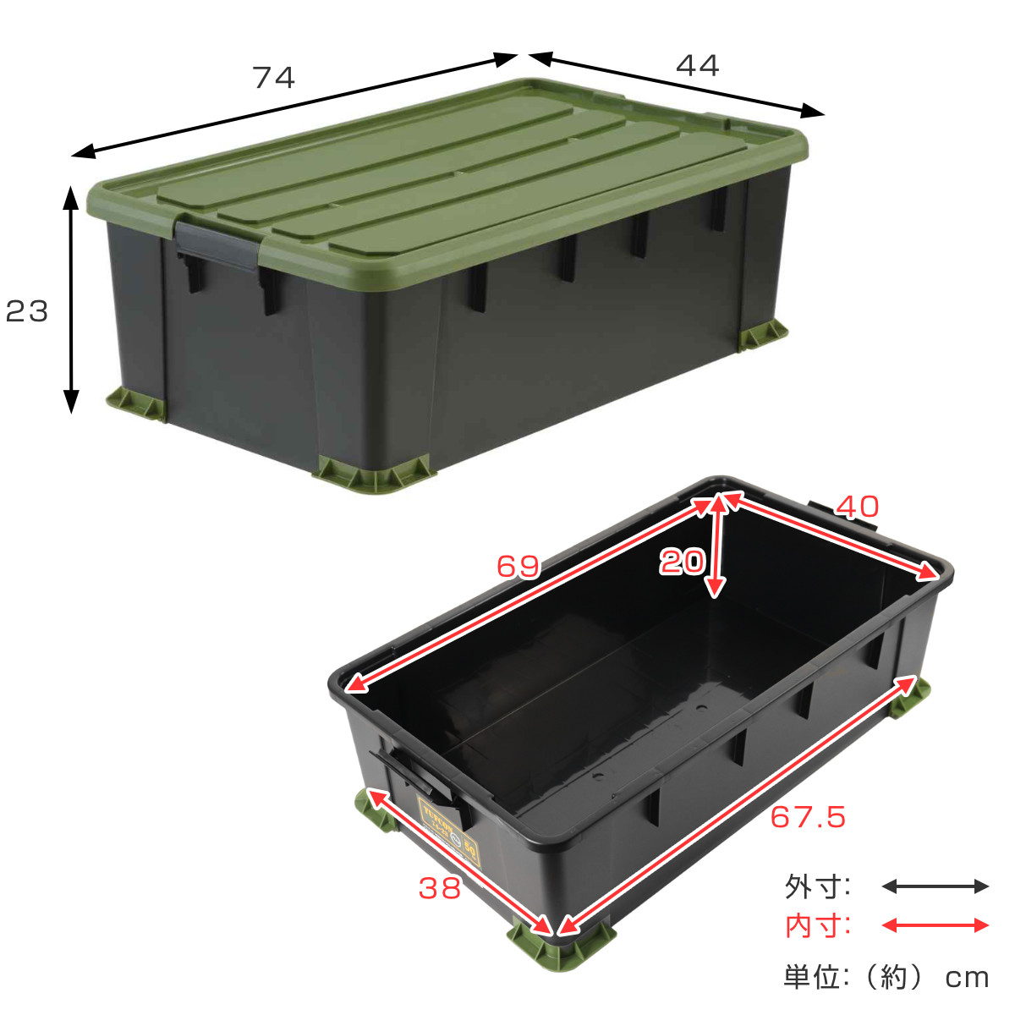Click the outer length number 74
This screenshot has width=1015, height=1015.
pos(274,78)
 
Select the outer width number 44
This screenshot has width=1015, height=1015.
pos(698,65)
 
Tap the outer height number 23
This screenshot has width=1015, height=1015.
pos(27,312)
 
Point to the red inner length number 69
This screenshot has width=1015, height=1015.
pos(518,566)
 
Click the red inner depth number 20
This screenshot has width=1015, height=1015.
pos(682,561)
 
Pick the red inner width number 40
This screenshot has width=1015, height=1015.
pos(858,507)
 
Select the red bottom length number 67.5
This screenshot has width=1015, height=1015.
pos(808,817)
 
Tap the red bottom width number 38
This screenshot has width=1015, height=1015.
pos(440,887)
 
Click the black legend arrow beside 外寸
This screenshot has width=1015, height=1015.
pos(935,886)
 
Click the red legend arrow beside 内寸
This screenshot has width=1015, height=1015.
pos(935,925)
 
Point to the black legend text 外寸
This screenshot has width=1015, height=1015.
pos(816,887)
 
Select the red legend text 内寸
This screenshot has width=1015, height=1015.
pos(816,926)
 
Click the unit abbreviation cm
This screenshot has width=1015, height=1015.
pos(967,979)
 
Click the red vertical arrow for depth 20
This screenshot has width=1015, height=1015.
pos(717,546)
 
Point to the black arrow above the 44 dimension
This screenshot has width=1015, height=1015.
pos(676,85)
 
